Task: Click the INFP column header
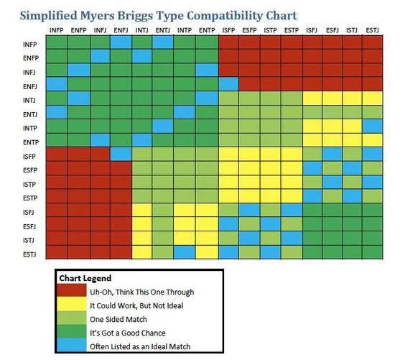coord(57,29)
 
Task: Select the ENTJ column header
coord(162,29)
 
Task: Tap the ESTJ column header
coord(373,29)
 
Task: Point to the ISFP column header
coord(228,29)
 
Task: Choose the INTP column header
coord(184,29)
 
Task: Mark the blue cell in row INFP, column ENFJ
coord(121,42)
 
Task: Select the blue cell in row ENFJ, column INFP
coord(57,85)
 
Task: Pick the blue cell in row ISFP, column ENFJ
coord(121,154)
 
